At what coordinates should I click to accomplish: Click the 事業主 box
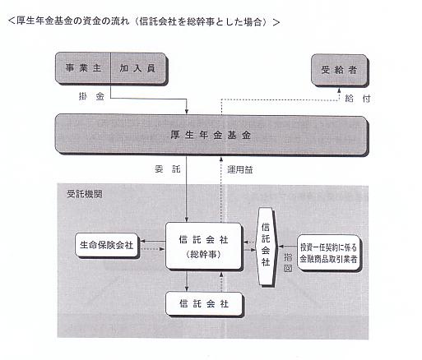pyautogui.click(x=83, y=68)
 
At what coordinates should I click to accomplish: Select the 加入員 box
pyautogui.click(x=138, y=68)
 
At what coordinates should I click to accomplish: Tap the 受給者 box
pyautogui.click(x=339, y=70)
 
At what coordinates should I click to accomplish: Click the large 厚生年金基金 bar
pyautogui.click(x=211, y=135)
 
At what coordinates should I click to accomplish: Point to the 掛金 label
pyautogui.click(x=91, y=96)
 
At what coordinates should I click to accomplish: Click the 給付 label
pyautogui.click(x=358, y=98)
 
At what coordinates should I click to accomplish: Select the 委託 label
pyautogui.click(x=168, y=169)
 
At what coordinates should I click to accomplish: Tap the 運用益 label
pyautogui.click(x=240, y=169)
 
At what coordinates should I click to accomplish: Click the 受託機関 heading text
pyautogui.click(x=85, y=194)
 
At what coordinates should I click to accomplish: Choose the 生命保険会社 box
pyautogui.click(x=106, y=245)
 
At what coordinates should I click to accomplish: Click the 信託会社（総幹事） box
pyautogui.click(x=203, y=246)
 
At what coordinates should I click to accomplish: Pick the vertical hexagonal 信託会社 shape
pyautogui.click(x=266, y=247)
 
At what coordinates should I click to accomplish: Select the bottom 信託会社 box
pyautogui.click(x=204, y=303)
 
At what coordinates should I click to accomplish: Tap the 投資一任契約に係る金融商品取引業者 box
pyautogui.click(x=328, y=252)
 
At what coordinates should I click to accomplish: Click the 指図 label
pyautogui.click(x=288, y=262)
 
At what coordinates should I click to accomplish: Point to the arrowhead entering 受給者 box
pyautogui.click(x=339, y=90)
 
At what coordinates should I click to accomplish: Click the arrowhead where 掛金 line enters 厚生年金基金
pyautogui.click(x=187, y=112)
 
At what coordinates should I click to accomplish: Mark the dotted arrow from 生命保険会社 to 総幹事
pyautogui.click(x=152, y=249)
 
